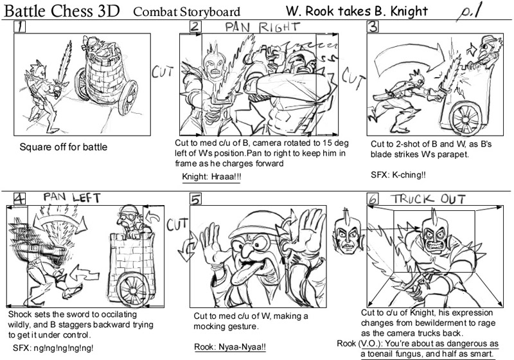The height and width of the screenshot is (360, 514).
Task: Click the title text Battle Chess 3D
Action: click(x=62, y=11)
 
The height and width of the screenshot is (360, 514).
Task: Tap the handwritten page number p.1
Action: click(x=470, y=12)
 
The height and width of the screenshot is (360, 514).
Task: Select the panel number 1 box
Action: click(x=19, y=26)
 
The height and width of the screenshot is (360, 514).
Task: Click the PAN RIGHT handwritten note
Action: click(x=263, y=27)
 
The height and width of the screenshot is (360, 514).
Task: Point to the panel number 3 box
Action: click(x=373, y=26)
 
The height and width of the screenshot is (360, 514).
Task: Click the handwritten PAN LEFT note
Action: click(x=72, y=198)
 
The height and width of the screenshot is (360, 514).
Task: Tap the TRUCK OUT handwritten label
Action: click(x=428, y=199)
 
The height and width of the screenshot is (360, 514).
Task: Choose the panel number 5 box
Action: click(x=196, y=199)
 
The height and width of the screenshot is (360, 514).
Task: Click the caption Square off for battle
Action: click(x=63, y=147)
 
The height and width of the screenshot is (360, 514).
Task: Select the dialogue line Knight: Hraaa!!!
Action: click(x=211, y=176)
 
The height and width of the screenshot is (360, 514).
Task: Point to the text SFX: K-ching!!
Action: click(x=398, y=175)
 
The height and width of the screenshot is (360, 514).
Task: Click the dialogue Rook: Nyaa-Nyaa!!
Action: click(x=230, y=347)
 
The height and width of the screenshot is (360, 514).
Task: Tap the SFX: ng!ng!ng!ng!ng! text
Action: click(x=53, y=348)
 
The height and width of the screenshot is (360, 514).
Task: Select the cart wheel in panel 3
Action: click(x=465, y=117)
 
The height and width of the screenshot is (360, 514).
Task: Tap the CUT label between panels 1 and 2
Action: click(x=163, y=71)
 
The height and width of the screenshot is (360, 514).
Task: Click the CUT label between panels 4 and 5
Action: click(x=177, y=224)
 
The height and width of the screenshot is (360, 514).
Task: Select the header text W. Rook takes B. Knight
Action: click(x=357, y=11)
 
